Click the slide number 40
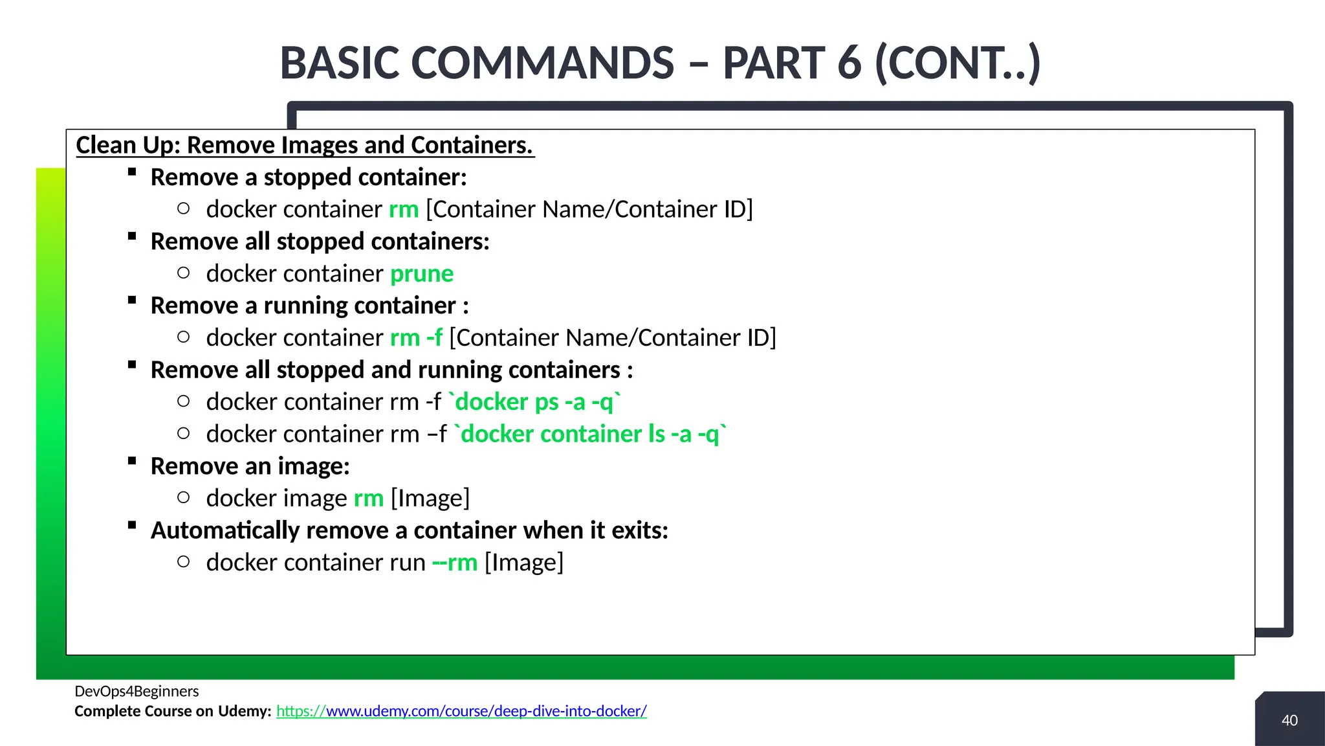(1289, 720)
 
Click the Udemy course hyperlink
(461, 711)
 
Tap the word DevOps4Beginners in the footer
(137, 691)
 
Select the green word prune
(422, 274)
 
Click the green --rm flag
(455, 563)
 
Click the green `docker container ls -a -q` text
(590, 435)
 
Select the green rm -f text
(416, 338)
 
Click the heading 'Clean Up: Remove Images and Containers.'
(305, 145)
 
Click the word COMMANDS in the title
(543, 63)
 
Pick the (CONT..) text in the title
(958, 63)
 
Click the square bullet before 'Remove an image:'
(132, 461)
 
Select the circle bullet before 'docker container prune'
(184, 273)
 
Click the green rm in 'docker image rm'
(369, 499)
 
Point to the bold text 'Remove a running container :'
(309, 306)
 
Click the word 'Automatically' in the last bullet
(224, 530)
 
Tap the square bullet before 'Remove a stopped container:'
(132, 172)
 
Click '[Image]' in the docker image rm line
(430, 499)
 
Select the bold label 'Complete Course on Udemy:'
(173, 711)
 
